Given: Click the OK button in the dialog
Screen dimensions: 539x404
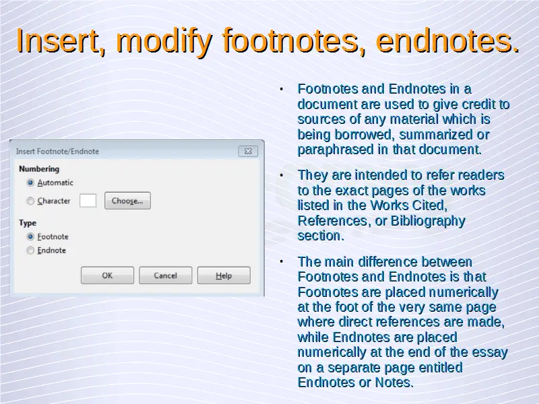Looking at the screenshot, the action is tap(107, 275).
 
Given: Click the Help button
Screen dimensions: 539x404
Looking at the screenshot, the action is tap(224, 275).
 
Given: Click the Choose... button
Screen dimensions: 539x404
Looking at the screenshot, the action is tap(127, 201).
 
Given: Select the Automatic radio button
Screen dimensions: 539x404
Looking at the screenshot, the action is tap(30, 182).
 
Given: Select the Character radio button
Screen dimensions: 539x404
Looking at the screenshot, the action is tap(30, 201).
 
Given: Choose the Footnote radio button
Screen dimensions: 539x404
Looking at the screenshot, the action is tap(30, 237).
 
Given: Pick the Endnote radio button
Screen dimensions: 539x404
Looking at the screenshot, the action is tap(30, 250).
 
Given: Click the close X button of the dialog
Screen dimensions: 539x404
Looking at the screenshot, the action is tap(248, 151).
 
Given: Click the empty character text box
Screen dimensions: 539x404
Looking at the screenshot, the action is tap(88, 201).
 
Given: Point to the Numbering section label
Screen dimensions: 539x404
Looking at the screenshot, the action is tap(39, 169).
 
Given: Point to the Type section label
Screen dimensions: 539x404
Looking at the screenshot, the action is tap(28, 223).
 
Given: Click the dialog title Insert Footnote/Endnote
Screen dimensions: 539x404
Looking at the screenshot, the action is tap(57, 151).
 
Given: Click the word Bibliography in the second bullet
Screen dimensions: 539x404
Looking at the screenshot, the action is tap(428, 222).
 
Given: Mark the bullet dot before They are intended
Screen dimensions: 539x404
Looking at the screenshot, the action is tap(282, 176).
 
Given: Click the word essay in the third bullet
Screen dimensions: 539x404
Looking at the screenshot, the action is tap(490, 352).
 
